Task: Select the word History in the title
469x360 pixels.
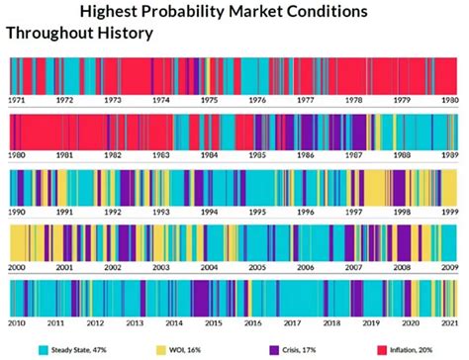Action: pyautogui.click(x=123, y=33)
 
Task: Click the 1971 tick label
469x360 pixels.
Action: pyautogui.click(x=17, y=100)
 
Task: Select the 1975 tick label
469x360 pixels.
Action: pyautogui.click(x=209, y=100)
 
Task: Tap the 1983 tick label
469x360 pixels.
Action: pyautogui.click(x=160, y=155)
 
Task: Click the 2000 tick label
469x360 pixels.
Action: pyautogui.click(x=17, y=268)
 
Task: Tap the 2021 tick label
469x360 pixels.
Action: pyautogui.click(x=450, y=323)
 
